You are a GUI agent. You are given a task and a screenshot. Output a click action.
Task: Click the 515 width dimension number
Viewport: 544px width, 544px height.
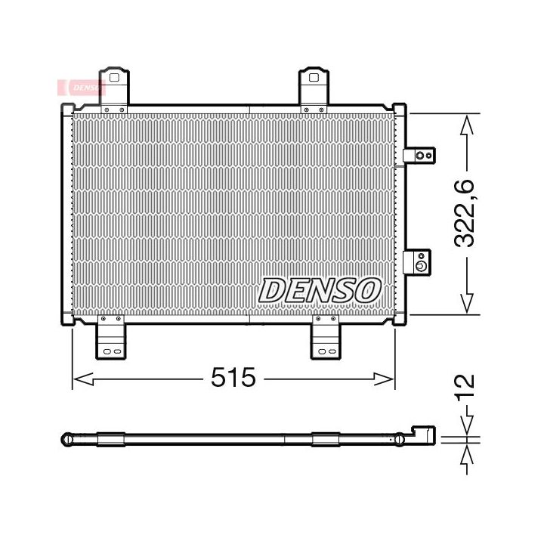coord(233,377)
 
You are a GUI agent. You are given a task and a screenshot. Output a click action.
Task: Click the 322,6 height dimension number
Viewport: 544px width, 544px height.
coord(463,213)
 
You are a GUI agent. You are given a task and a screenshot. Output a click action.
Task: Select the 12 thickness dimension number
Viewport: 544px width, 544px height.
coord(464,387)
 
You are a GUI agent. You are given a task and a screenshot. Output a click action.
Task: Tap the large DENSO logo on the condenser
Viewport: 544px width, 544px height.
coord(320,290)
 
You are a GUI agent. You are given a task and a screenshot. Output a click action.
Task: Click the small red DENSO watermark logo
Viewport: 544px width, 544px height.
coord(81,88)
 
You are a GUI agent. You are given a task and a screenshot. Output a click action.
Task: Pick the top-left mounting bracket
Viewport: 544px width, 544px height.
coord(114,89)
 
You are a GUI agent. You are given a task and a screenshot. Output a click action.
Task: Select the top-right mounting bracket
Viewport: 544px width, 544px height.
coord(314,89)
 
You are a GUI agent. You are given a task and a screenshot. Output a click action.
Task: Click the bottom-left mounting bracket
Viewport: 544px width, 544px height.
coord(111,337)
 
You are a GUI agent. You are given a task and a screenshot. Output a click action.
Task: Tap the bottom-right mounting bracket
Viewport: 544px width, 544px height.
coord(326,337)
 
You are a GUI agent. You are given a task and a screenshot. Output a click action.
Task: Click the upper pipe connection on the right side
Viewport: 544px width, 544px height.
coord(419,155)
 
